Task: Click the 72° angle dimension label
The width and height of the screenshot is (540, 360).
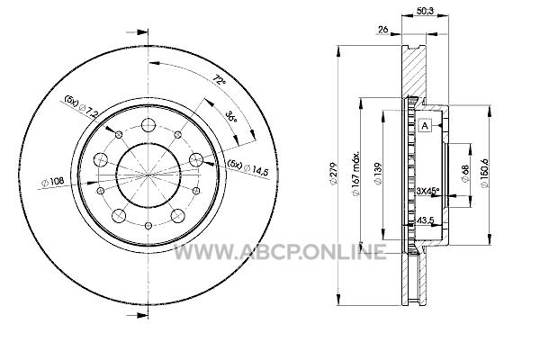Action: click(x=220, y=80)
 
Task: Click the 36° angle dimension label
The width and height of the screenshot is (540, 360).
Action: click(x=231, y=116)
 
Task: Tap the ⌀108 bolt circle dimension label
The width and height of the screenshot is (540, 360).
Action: click(x=53, y=181)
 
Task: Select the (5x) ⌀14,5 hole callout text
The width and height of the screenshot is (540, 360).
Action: click(x=247, y=168)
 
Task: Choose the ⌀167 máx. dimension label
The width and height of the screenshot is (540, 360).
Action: click(x=355, y=174)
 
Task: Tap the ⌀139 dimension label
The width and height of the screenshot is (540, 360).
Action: click(x=378, y=174)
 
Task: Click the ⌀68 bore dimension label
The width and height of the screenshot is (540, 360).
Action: click(x=465, y=174)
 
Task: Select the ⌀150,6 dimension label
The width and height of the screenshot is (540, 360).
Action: click(x=484, y=173)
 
